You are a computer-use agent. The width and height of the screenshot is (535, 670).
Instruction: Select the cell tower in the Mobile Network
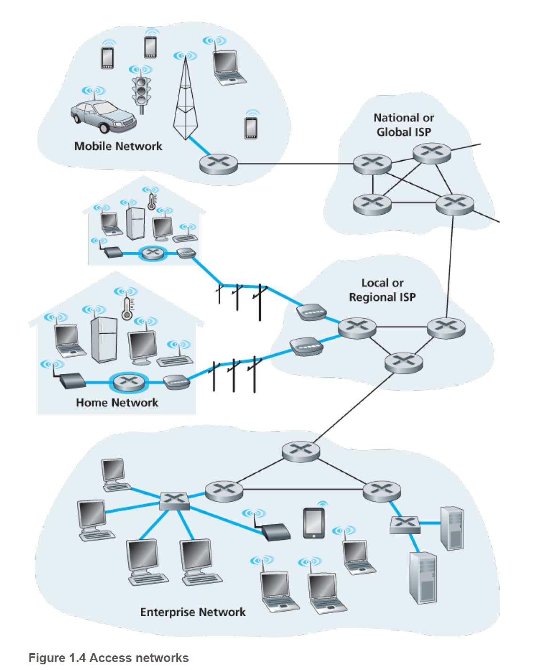185,101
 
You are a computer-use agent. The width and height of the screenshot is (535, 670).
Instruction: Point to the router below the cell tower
219,164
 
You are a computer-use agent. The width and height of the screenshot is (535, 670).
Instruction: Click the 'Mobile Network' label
118,146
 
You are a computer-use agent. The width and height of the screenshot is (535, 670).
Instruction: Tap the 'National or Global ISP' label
403,125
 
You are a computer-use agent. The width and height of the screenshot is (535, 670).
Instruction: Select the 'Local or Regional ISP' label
382,290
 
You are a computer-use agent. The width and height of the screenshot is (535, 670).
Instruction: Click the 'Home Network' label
117,403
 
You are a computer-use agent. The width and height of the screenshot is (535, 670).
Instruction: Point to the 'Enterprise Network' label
193,612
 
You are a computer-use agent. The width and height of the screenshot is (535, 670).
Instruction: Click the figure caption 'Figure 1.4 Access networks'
109,658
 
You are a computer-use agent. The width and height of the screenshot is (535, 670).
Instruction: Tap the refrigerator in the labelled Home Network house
103,339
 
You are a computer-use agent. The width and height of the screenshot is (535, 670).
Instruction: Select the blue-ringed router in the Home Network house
129,382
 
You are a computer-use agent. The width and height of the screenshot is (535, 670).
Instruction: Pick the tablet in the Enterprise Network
314,522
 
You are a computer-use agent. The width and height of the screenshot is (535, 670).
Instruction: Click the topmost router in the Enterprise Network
301,451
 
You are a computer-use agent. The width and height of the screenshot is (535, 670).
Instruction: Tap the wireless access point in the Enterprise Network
275,531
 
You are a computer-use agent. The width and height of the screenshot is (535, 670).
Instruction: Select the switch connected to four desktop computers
174,501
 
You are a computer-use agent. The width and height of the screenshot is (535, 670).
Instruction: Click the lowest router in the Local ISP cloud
403,363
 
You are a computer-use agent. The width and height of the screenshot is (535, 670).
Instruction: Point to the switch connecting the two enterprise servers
405,524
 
